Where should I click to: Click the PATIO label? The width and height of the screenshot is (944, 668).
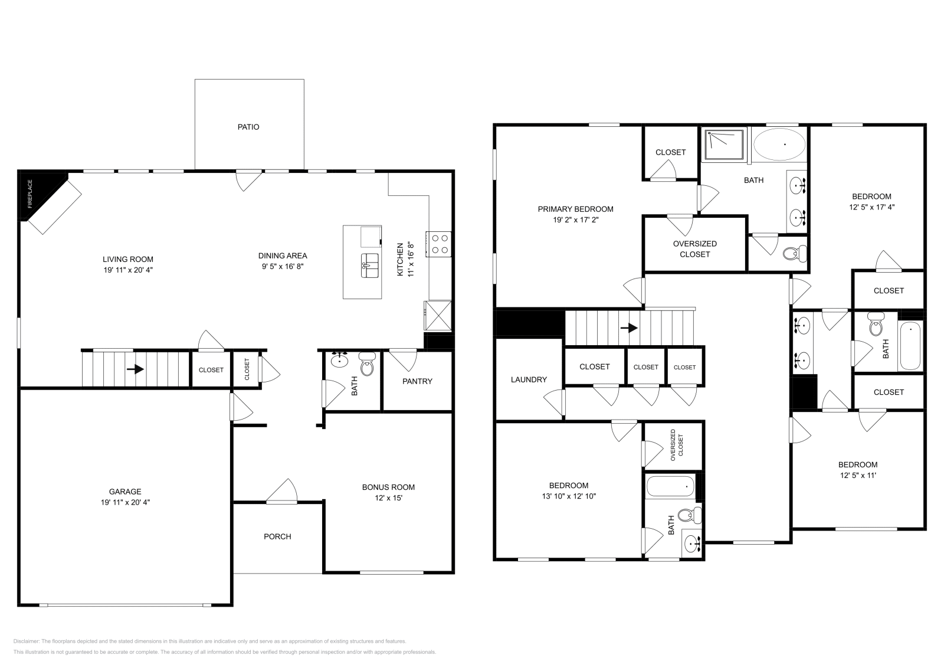click(x=248, y=127)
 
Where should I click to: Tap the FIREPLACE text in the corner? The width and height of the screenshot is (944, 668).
click(x=30, y=194)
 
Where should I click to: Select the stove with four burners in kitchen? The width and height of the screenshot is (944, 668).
click(x=440, y=244)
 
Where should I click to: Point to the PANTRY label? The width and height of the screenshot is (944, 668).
click(x=417, y=381)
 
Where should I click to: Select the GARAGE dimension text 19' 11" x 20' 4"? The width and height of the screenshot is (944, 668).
click(x=125, y=502)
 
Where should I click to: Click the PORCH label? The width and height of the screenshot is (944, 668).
click(x=277, y=536)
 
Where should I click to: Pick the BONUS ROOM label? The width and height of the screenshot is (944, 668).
click(x=388, y=487)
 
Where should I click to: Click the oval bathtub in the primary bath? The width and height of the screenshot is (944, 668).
click(x=779, y=144)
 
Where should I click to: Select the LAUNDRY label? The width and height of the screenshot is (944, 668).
click(x=529, y=379)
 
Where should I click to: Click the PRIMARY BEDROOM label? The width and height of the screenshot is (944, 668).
click(x=575, y=209)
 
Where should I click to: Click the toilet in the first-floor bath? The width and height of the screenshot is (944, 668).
click(x=367, y=365)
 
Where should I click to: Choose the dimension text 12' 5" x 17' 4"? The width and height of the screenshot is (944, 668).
click(x=871, y=207)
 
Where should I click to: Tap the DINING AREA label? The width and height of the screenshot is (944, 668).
click(x=283, y=256)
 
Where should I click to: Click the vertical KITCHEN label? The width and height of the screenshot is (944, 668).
click(x=400, y=259)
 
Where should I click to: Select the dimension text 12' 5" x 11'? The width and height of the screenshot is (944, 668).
click(x=858, y=475)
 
